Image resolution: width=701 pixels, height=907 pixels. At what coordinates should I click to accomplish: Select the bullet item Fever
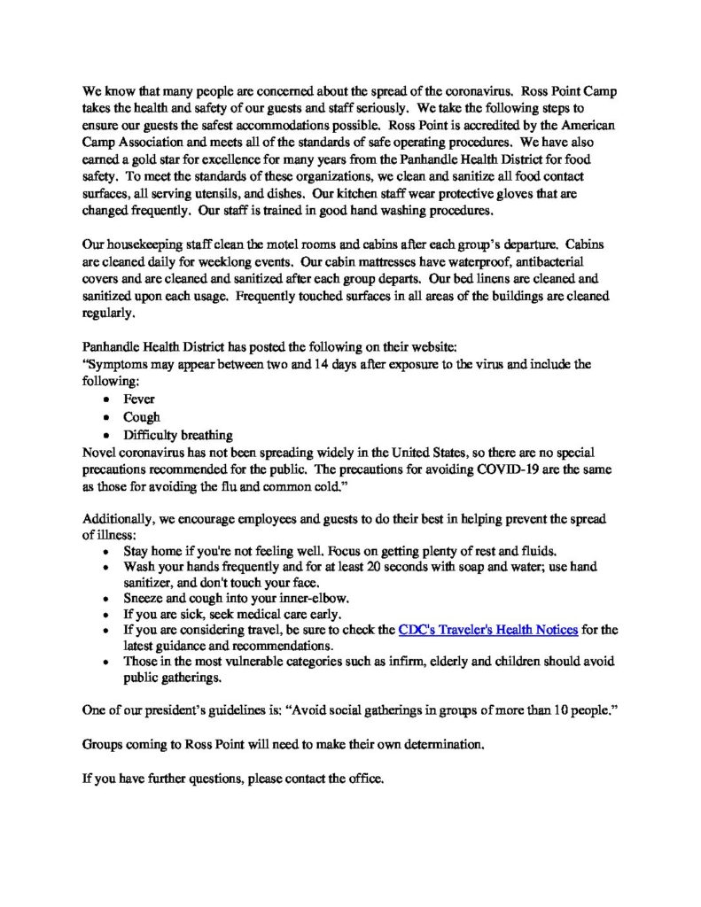139,399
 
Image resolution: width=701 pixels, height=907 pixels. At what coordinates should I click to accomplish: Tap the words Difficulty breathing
178,435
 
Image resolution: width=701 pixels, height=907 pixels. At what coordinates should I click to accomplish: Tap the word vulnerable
251,663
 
